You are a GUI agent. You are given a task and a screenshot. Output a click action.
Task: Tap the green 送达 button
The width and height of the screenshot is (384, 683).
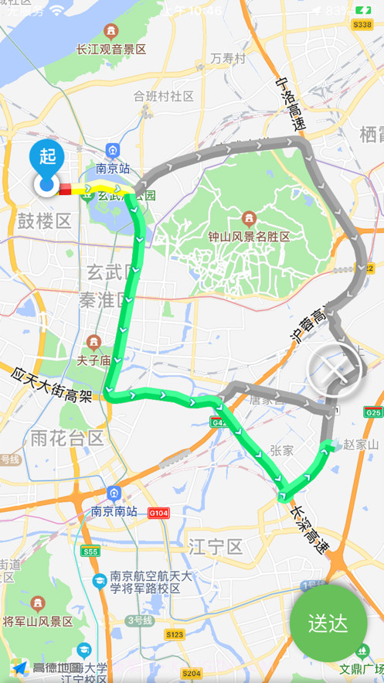[328, 623]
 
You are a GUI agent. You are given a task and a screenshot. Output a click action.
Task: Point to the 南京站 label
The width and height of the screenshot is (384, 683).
[113, 167]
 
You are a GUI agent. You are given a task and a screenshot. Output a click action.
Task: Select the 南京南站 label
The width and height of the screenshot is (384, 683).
[114, 511]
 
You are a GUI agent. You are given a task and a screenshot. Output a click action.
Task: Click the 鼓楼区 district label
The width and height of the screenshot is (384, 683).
[44, 221]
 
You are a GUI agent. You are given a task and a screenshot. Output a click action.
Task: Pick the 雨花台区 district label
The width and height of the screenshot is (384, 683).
[66, 439]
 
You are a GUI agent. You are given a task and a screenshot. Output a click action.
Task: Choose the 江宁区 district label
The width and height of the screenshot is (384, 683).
[216, 548]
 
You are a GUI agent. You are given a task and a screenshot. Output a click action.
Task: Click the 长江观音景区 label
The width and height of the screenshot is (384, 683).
[110, 49]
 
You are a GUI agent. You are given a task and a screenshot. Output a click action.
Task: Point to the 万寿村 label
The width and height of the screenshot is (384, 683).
[228, 59]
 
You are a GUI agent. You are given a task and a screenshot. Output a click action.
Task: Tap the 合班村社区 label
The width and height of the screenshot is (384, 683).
[163, 96]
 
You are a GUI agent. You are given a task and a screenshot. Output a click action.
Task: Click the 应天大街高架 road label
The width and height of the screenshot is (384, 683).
[53, 385]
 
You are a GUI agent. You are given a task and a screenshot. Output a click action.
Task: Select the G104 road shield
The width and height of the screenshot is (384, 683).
[158, 512]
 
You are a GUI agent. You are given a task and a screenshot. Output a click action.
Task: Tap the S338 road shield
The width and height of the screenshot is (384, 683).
[362, 25]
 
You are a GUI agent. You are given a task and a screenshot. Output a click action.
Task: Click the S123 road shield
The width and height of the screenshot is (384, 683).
[175, 634]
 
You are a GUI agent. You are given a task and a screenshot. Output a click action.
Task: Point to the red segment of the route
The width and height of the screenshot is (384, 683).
[66, 188]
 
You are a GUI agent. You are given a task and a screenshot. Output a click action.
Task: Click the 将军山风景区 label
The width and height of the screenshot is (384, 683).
[38, 621]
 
